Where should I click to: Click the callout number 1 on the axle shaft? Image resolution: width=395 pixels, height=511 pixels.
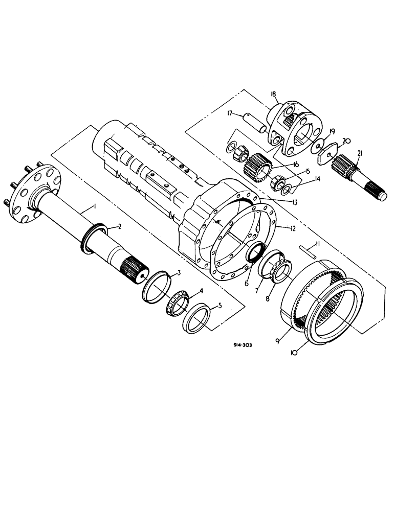click(94, 206)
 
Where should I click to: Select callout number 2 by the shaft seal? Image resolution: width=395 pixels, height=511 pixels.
click(120, 225)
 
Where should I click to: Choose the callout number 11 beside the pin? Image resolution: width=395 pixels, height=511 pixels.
click(318, 246)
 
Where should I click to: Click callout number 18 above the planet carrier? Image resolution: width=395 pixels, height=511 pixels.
click(274, 95)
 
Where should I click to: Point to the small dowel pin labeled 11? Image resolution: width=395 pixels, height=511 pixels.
click(305, 249)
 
